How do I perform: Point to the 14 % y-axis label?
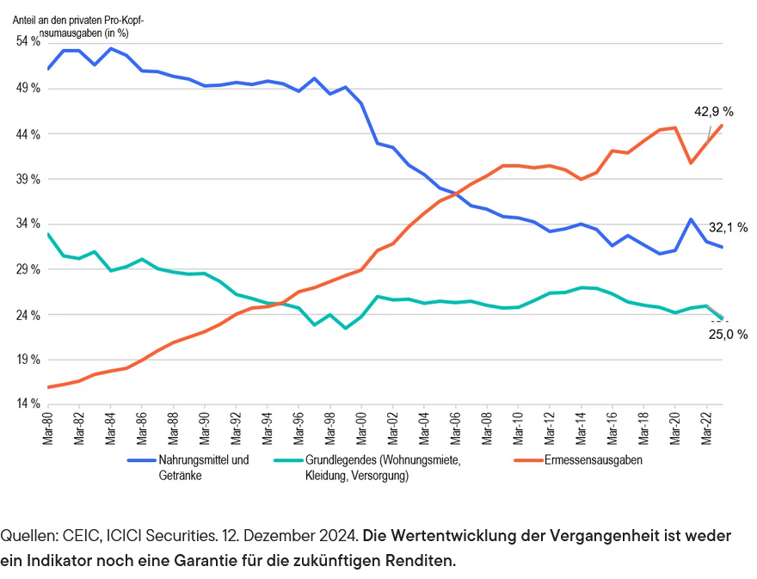click(28, 404)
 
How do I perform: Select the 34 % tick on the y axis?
click(28, 224)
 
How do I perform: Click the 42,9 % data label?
click(713, 112)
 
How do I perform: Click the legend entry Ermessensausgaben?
click(593, 460)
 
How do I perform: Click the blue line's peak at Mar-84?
click(111, 49)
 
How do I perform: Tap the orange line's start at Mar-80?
click(48, 387)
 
